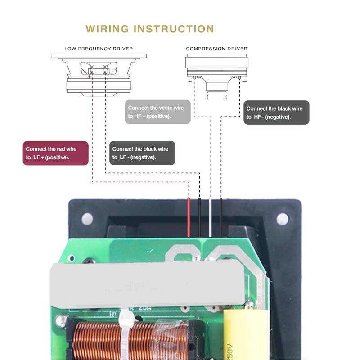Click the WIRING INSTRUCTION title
(150, 29)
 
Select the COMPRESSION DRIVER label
(216, 49)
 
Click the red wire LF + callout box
(55, 153)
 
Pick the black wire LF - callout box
(142, 153)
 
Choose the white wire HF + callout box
(157, 112)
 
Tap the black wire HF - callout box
(276, 112)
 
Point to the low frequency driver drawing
(99, 74)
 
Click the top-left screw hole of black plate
(86, 219)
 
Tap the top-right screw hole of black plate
(283, 219)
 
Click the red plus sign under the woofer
(89, 77)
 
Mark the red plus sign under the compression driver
(190, 82)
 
